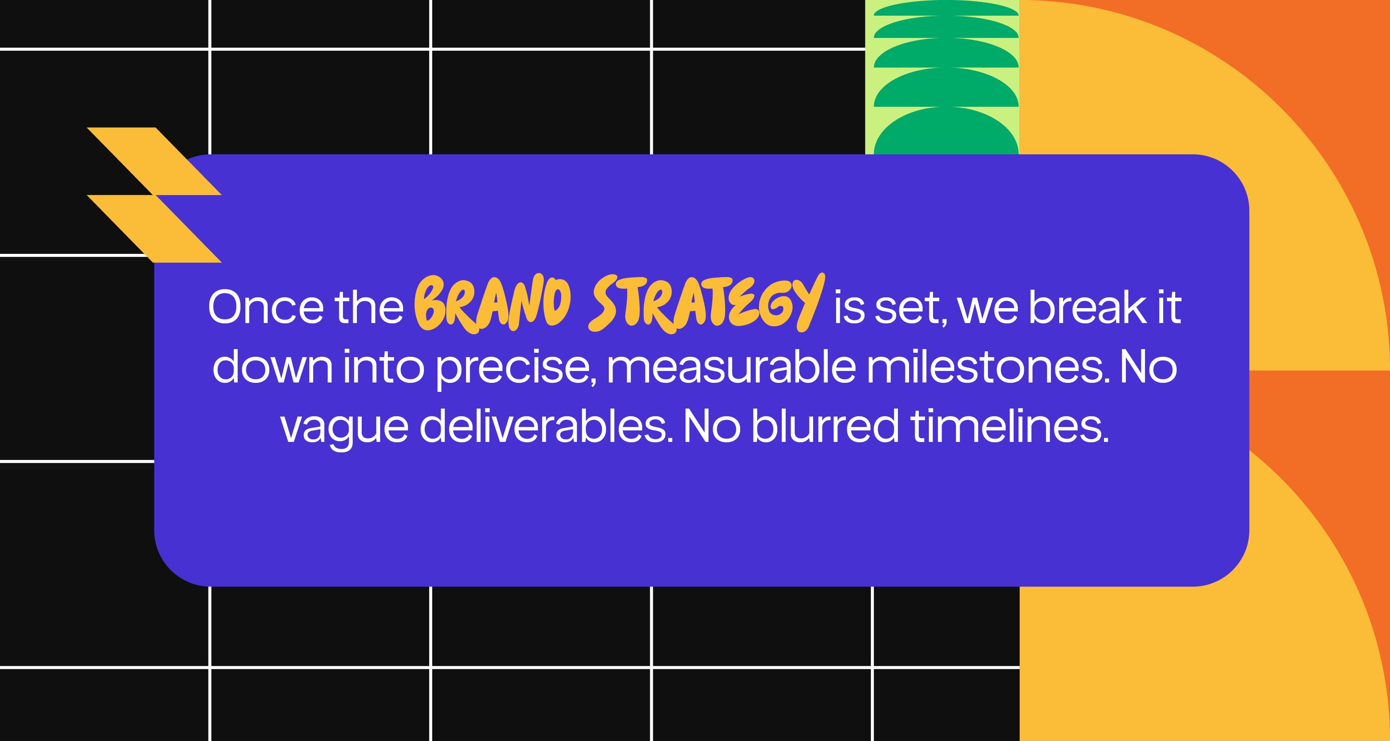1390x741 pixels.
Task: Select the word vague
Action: [344, 427]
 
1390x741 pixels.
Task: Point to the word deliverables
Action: [546, 425]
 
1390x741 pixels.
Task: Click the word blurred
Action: [826, 425]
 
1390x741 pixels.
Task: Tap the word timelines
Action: [1010, 425]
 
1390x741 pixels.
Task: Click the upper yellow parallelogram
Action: [154, 161]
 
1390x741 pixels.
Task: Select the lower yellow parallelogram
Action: [154, 229]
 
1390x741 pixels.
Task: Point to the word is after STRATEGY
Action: [849, 307]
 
